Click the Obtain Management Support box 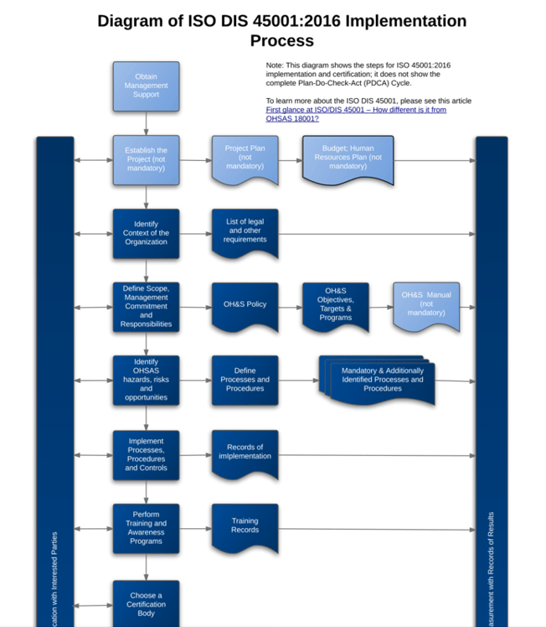pyautogui.click(x=146, y=85)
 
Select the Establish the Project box pyautogui.click(x=146, y=159)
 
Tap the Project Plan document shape pyautogui.click(x=245, y=158)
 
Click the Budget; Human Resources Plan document pyautogui.click(x=348, y=158)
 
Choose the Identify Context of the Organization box pyautogui.click(x=146, y=234)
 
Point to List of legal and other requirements pyautogui.click(x=245, y=232)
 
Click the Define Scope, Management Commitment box pyautogui.click(x=146, y=307)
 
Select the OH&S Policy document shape pyautogui.click(x=245, y=305)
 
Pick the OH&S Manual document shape pyautogui.click(x=426, y=305)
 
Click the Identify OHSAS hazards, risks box pyautogui.click(x=146, y=380)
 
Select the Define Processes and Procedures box pyautogui.click(x=245, y=380)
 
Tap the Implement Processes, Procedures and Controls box pyautogui.click(x=146, y=455)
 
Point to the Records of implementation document pyautogui.click(x=245, y=453)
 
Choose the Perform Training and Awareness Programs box pyautogui.click(x=146, y=528)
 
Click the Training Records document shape pyautogui.click(x=245, y=527)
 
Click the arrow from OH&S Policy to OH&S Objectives pyautogui.click(x=290, y=307)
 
